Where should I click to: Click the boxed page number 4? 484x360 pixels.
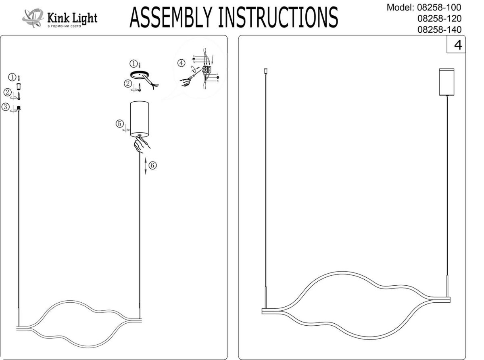tap(458, 44)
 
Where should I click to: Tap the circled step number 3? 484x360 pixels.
tap(6, 107)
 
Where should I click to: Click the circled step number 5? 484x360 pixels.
tap(120, 124)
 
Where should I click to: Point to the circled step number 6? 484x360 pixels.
tap(152, 165)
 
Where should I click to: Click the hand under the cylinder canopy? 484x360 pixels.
tap(142, 144)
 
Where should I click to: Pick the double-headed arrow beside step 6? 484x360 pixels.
tap(145, 165)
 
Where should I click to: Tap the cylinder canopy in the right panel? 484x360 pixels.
tap(446, 82)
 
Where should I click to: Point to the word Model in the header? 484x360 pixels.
tap(399, 7)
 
